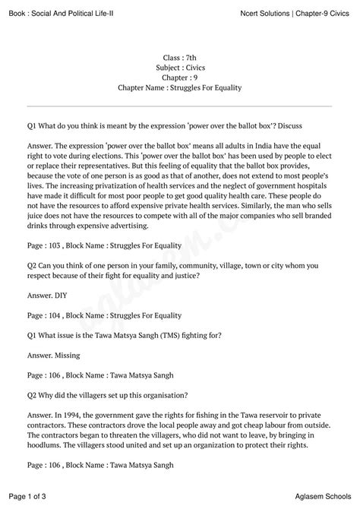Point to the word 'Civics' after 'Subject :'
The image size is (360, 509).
coord(195,66)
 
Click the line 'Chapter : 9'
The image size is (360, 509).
coord(179,77)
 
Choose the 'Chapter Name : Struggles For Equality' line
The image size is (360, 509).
coord(179,87)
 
